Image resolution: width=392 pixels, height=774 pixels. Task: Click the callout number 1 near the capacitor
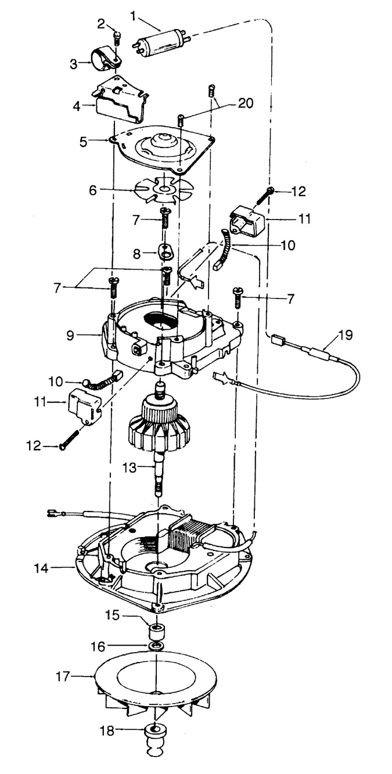coord(134,15)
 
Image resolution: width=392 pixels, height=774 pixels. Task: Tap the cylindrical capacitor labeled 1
coord(161,45)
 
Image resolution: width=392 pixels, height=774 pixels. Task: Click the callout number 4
coord(77,106)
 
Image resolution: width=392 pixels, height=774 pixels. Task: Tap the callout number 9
coord(70,335)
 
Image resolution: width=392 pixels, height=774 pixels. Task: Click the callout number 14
coord(41,568)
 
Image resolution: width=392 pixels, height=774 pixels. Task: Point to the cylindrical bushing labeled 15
coord(156,632)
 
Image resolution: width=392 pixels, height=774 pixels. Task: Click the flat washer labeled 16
coord(155,646)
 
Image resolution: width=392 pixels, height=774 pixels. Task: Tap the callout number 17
coord(63,676)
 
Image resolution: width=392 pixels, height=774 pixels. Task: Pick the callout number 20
coord(246,103)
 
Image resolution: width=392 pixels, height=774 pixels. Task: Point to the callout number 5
coord(83,142)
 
